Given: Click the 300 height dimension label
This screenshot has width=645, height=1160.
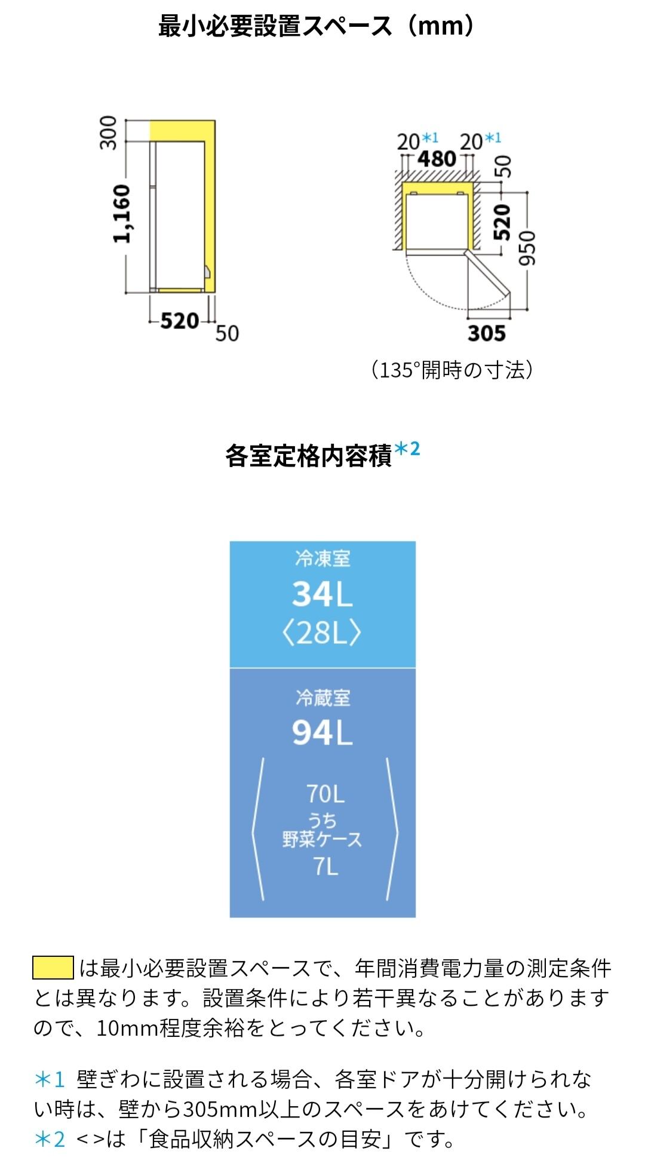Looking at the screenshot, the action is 109,132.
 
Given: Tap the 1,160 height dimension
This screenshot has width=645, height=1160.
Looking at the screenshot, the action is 121,213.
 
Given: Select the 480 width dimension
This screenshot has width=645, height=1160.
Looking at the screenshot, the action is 437,159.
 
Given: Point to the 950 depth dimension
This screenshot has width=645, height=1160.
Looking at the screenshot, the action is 528,248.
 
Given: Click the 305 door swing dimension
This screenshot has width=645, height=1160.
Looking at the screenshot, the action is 487,333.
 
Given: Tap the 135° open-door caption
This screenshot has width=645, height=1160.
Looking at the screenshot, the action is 451,370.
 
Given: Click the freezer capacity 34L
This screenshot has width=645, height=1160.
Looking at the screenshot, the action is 322,594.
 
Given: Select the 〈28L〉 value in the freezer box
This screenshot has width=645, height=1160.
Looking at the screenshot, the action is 322,632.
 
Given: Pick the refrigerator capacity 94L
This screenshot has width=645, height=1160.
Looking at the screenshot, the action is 322,732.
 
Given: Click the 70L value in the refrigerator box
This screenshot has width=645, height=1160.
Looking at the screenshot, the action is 325,794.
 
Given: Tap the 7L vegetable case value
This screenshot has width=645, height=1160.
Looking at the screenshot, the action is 326,866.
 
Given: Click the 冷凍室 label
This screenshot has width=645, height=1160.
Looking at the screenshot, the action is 322,559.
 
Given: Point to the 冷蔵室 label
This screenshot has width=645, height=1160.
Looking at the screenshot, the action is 322,698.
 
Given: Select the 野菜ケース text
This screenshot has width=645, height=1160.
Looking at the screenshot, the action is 322,839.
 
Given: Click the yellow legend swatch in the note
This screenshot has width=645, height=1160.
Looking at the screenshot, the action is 53,968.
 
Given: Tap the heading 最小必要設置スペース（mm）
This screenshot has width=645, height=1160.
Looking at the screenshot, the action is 317,27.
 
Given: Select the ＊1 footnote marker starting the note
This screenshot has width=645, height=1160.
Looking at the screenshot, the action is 50,1079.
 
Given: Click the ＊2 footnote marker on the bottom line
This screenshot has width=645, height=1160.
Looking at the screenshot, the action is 50,1139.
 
